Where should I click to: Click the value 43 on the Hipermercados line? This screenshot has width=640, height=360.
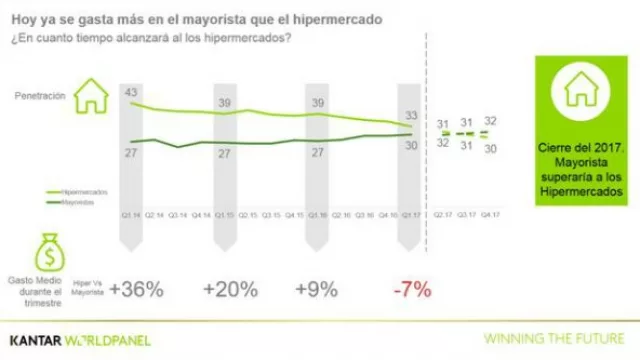pyautogui.click(x=131, y=92)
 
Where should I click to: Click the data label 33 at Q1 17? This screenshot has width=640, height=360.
pyautogui.click(x=411, y=115)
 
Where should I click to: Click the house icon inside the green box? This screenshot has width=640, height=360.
pyautogui.click(x=581, y=90)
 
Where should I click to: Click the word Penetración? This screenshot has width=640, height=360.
pyautogui.click(x=40, y=97)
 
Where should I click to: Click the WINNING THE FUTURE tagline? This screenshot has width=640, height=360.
pyautogui.click(x=554, y=339)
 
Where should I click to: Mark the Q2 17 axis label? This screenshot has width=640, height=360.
pyautogui.click(x=441, y=215)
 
